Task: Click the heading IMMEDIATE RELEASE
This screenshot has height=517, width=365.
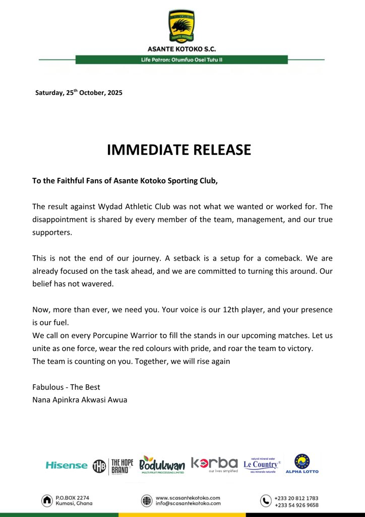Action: click(x=179, y=150)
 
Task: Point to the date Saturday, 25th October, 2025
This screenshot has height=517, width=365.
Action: click(x=79, y=93)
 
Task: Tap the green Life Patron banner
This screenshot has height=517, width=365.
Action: click(x=181, y=60)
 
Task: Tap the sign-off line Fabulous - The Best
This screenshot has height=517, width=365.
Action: click(x=66, y=387)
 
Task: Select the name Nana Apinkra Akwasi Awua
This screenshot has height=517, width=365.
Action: click(x=80, y=400)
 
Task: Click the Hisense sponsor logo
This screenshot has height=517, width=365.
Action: click(x=66, y=465)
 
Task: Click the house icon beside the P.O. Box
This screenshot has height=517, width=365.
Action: click(x=47, y=500)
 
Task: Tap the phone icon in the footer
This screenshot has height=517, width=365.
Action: click(x=266, y=500)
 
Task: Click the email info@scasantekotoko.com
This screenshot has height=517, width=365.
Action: click(x=188, y=503)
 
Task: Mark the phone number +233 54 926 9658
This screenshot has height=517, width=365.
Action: click(x=296, y=504)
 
